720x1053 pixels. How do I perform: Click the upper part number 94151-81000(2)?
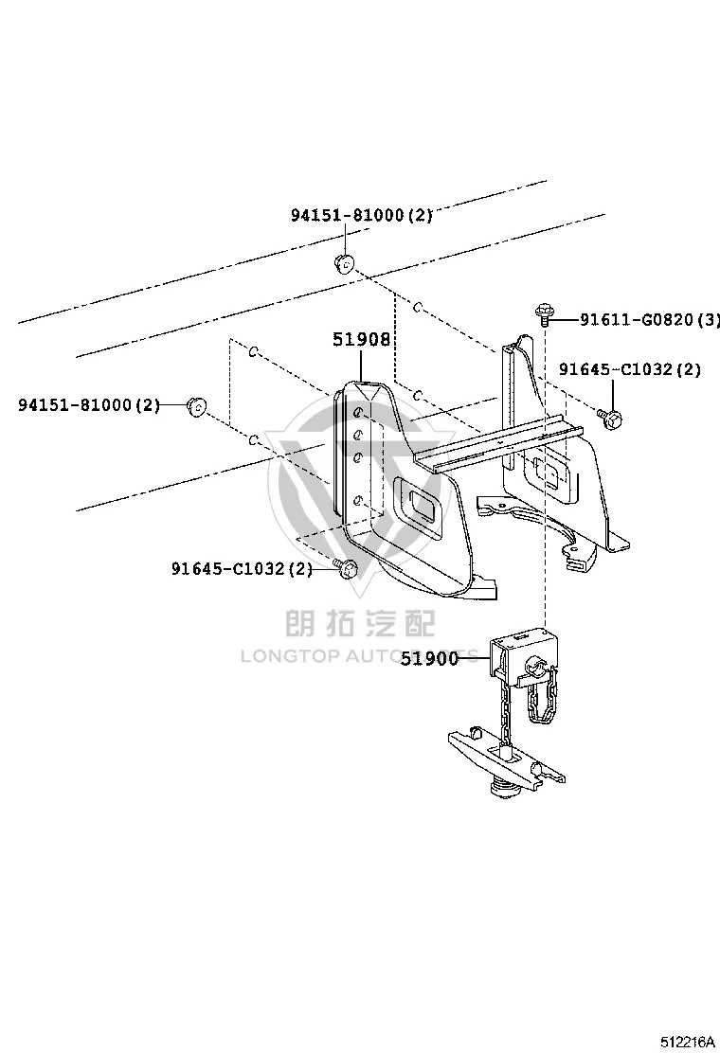point(361,215)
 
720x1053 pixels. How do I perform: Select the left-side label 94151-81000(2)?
point(89,405)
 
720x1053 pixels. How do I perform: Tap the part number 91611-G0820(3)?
point(650,319)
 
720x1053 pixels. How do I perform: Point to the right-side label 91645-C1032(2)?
point(630,369)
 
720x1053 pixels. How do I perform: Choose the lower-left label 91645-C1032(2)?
point(243,569)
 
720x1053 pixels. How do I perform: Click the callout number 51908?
point(361,340)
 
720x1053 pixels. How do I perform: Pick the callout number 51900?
point(430,659)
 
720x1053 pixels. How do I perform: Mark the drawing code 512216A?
point(688,1042)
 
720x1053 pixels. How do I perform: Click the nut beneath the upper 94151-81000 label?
point(345,264)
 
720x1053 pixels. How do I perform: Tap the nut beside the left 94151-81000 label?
point(196,406)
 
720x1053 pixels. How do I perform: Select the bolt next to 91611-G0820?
point(544,315)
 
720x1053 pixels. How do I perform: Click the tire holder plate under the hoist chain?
point(507,758)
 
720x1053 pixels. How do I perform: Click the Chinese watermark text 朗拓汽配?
point(361,623)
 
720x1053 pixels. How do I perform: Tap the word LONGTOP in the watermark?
point(289,656)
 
